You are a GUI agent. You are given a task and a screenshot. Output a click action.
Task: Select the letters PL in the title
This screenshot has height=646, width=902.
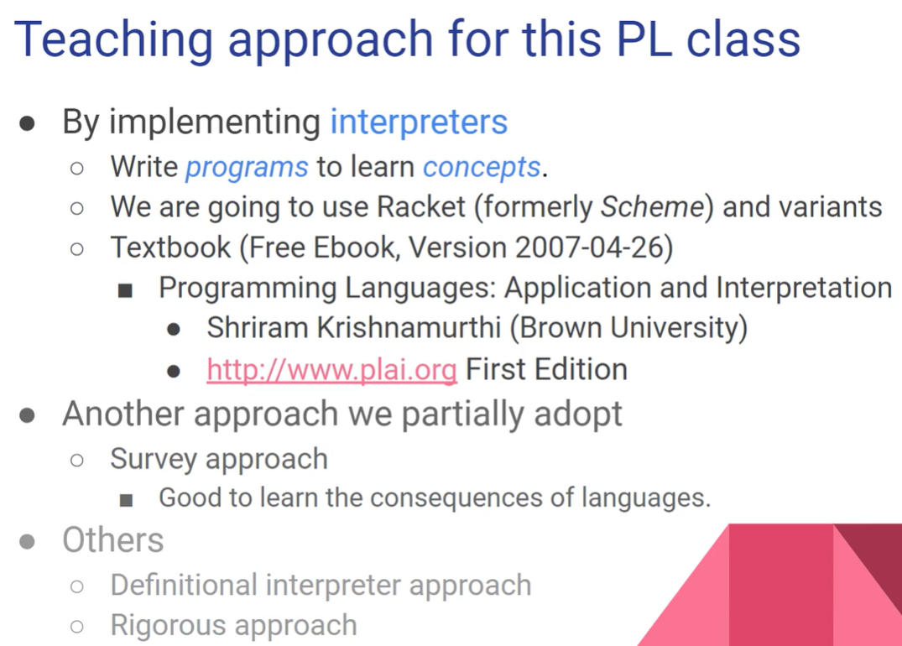(x=644, y=39)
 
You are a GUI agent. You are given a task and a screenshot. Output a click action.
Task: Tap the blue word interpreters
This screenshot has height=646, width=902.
(x=419, y=122)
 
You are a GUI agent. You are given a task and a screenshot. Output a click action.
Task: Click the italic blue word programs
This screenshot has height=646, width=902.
(x=247, y=168)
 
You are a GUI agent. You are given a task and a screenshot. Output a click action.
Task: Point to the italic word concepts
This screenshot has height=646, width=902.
(x=482, y=168)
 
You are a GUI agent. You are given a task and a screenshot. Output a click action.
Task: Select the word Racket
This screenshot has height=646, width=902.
(x=420, y=206)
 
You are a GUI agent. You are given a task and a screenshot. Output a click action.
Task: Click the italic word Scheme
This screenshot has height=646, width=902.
(x=652, y=206)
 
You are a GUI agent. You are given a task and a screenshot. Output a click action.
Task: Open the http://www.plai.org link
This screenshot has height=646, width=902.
(x=332, y=370)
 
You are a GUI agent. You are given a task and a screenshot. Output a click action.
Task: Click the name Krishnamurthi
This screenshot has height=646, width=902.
(x=409, y=327)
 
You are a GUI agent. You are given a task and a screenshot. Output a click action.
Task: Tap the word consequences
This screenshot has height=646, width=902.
(x=456, y=498)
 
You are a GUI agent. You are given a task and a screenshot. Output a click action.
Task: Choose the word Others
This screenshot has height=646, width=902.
(x=112, y=540)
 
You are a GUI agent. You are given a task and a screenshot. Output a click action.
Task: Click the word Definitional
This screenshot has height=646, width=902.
(x=184, y=585)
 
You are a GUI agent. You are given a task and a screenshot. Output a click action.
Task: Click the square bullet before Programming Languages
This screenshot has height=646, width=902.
(x=125, y=290)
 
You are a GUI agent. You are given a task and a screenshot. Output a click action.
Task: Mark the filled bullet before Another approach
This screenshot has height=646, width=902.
(x=27, y=415)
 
